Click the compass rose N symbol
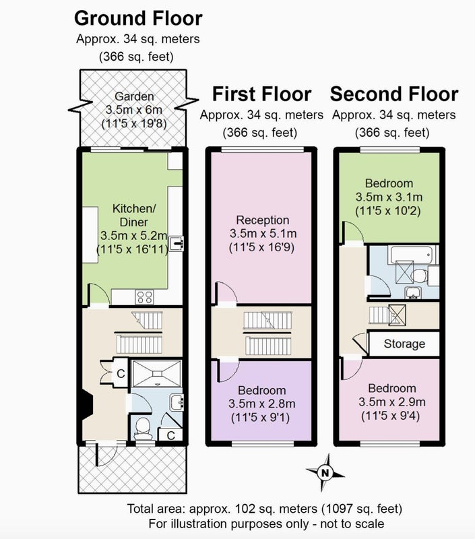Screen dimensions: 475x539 pyautogui.click(x=325, y=473)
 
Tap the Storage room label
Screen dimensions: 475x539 pyautogui.click(x=404, y=344)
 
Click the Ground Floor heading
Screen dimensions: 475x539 pyautogui.click(x=138, y=18)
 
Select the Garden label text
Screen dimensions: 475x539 pyautogui.click(x=134, y=96)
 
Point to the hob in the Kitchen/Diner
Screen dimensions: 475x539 pyautogui.click(x=144, y=297)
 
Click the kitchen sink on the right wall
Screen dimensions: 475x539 pyautogui.click(x=177, y=244)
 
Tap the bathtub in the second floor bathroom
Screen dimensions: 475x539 pyautogui.click(x=412, y=254)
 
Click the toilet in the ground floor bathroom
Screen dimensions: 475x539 pyautogui.click(x=143, y=429)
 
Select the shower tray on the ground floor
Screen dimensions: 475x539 pyautogui.click(x=157, y=373)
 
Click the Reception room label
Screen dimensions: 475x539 pyautogui.click(x=263, y=220)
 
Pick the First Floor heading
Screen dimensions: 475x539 pyautogui.click(x=262, y=94)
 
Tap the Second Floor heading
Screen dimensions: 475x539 pyautogui.click(x=394, y=94)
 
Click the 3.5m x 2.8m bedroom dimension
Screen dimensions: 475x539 pyautogui.click(x=262, y=404)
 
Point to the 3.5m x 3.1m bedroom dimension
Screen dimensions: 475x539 pyautogui.click(x=389, y=197)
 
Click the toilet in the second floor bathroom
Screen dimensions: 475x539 pyautogui.click(x=419, y=276)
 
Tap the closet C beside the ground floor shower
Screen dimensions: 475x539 pyautogui.click(x=121, y=373)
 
